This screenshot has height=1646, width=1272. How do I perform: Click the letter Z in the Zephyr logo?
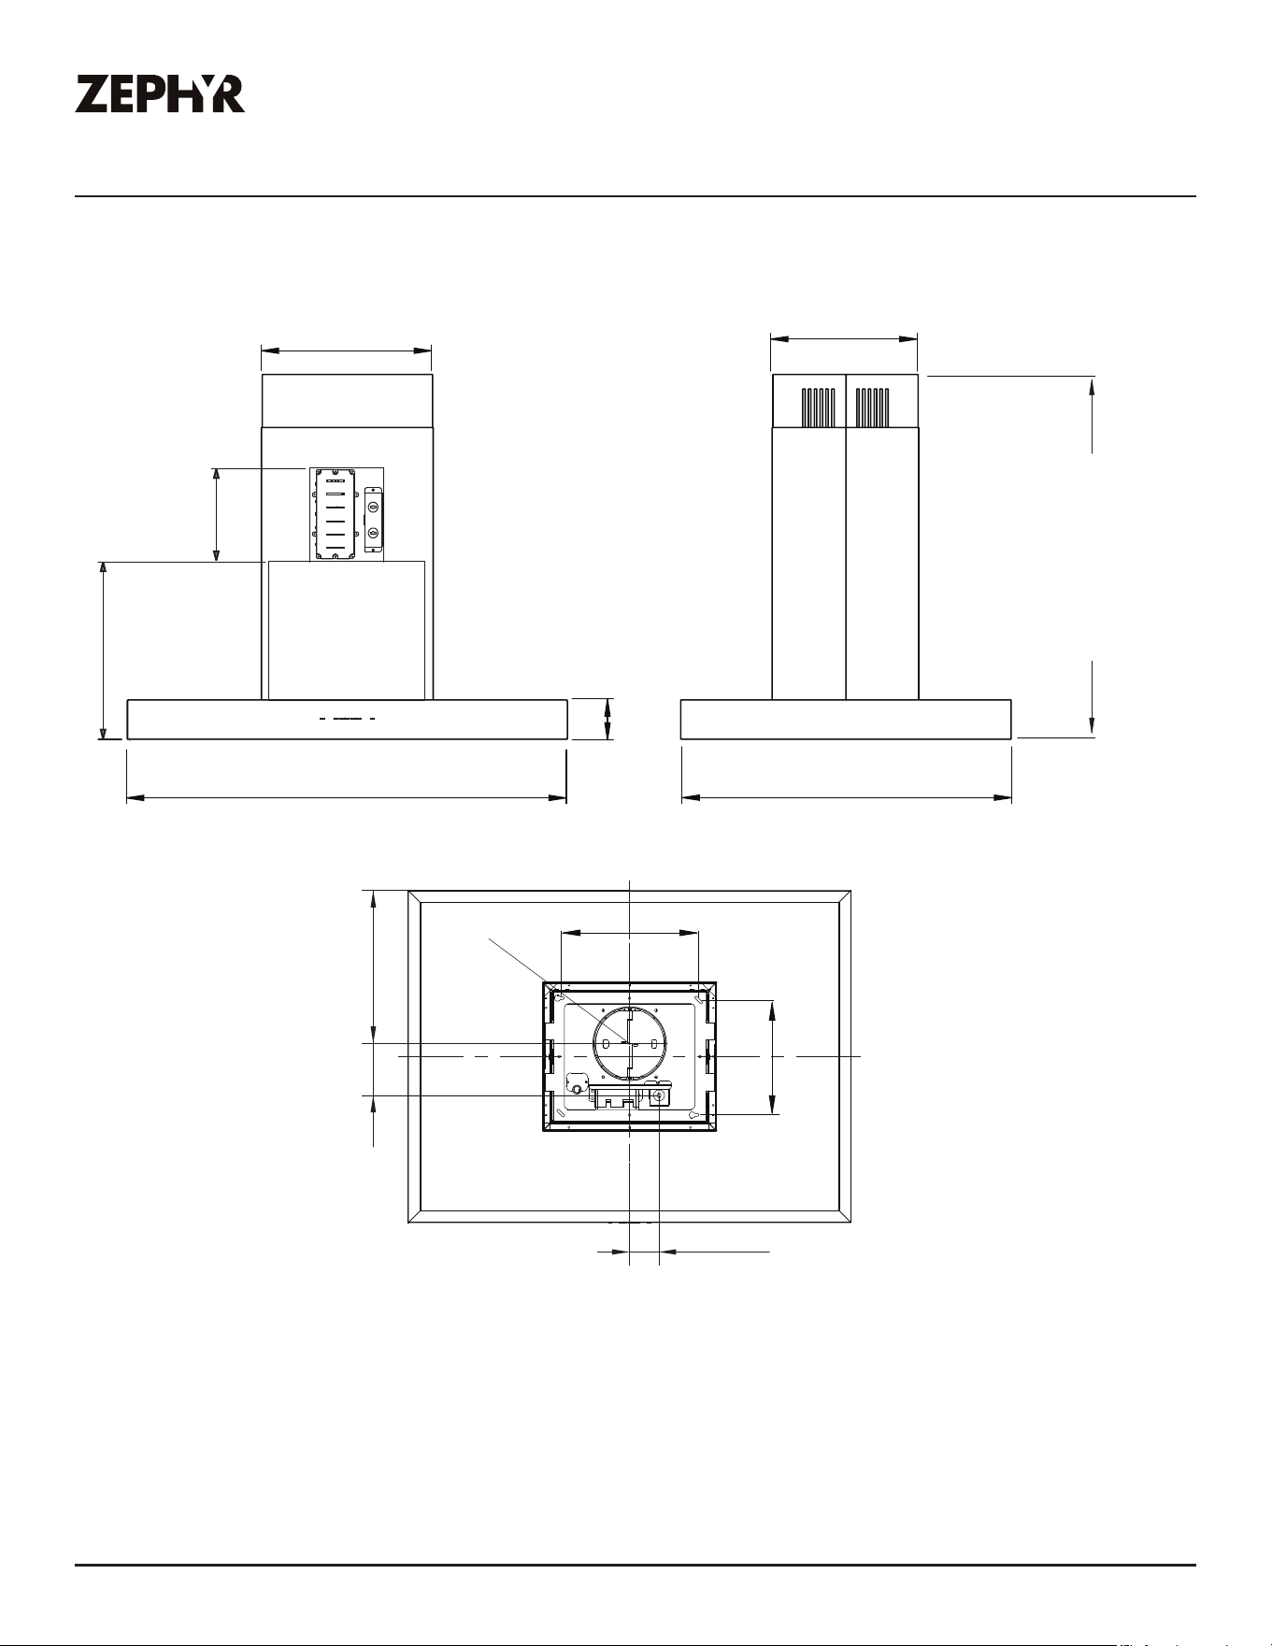click(x=92, y=94)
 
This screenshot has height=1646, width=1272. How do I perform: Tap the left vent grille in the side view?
click(x=818, y=408)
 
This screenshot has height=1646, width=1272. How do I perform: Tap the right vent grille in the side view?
click(x=872, y=408)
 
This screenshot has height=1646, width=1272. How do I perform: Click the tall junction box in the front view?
click(x=336, y=515)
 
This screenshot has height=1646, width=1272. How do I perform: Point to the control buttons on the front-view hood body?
click(x=347, y=719)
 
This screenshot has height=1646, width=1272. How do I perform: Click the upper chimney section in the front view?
click(x=347, y=401)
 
